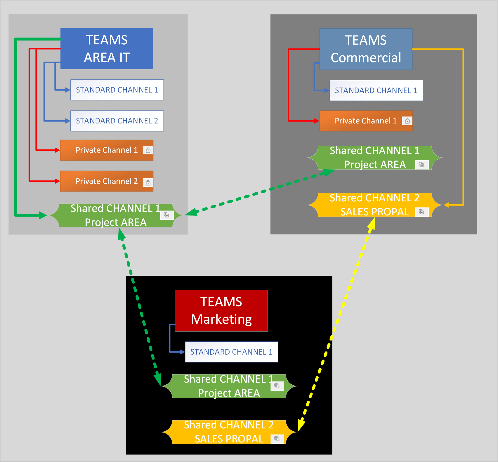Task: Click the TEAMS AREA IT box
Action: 107,49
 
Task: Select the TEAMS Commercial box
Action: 366,49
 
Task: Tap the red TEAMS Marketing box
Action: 221,311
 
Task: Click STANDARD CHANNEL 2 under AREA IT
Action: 117,121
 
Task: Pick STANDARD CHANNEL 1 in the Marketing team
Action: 231,352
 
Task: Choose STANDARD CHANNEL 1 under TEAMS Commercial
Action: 376,90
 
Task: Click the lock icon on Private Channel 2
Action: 148,183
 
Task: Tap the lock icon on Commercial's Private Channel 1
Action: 407,121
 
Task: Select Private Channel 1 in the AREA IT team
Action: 107,150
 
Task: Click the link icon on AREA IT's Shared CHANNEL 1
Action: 166,215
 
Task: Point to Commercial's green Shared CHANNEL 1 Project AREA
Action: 375,158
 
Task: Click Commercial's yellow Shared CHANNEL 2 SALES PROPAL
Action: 375,205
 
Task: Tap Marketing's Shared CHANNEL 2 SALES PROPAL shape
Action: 229,432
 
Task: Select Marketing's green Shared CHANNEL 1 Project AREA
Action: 229,386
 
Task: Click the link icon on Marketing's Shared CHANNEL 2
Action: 277,439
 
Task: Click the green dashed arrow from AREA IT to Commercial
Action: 260,192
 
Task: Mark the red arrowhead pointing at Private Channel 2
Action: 57,181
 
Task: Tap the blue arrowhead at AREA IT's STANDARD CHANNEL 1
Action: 67,90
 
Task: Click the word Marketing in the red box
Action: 221,319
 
